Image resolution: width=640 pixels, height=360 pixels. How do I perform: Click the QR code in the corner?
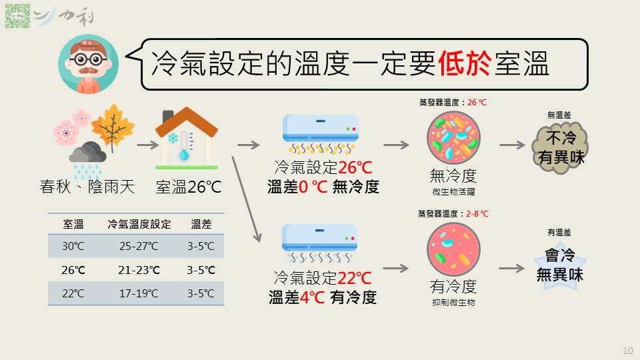17,16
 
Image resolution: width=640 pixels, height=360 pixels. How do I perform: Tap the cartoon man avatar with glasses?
88,64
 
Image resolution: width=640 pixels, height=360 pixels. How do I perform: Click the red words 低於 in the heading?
464,64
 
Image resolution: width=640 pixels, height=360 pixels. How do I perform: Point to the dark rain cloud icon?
87,152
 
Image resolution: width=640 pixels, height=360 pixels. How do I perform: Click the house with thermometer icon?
187,138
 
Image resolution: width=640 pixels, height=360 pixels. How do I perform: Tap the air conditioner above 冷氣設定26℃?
321,135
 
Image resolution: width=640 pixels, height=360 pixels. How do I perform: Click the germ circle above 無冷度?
453,139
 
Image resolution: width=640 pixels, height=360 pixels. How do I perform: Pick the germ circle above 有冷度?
453,250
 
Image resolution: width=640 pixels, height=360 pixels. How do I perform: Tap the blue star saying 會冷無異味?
560,265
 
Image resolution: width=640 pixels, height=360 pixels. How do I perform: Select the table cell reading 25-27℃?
139,246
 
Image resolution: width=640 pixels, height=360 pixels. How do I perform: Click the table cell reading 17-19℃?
139,293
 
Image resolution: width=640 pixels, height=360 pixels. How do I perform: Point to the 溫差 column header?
201,224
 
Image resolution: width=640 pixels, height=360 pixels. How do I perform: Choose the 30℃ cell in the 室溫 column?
73,246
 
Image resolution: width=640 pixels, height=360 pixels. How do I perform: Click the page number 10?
628,351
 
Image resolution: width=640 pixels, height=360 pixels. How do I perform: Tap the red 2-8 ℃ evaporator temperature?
477,213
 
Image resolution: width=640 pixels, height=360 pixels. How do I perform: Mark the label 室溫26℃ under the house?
189,187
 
